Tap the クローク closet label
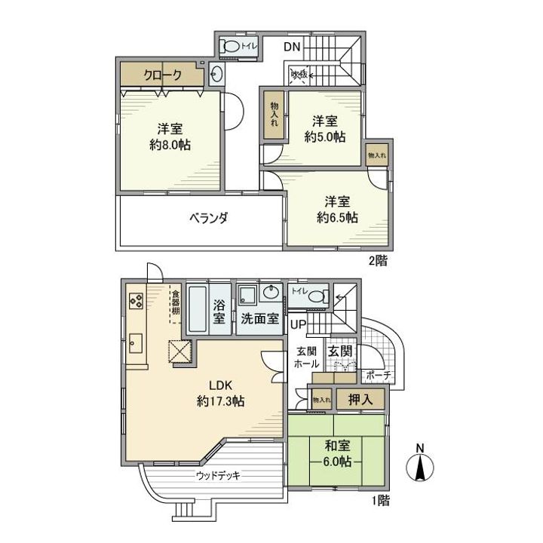(x=161, y=75)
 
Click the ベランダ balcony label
(x=208, y=218)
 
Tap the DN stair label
(x=293, y=47)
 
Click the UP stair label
(x=298, y=325)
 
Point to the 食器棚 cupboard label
(x=175, y=302)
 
